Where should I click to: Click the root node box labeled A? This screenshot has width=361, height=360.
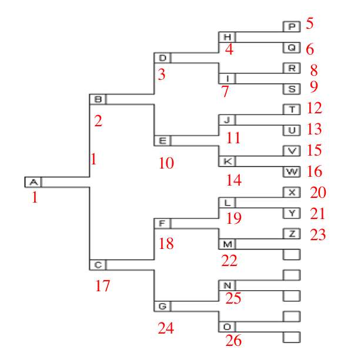[33, 182]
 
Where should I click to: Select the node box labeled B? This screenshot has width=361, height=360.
[98, 99]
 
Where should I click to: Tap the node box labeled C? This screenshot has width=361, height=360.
[98, 265]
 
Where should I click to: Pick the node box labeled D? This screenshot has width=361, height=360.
[162, 58]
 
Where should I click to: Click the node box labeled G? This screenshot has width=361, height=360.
[162, 307]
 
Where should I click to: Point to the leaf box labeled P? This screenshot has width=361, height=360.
[292, 26]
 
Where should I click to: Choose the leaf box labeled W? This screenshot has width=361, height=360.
[292, 171]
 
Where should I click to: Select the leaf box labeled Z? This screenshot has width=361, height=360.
[292, 234]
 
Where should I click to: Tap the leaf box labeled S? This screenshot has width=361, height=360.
[292, 89]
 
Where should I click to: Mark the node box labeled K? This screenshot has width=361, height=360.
[227, 161]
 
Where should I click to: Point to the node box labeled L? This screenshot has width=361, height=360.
[227, 203]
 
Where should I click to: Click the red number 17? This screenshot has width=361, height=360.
[103, 287]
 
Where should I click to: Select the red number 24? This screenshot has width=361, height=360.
[166, 328]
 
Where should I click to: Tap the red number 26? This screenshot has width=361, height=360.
[233, 340]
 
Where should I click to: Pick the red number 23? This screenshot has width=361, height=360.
[318, 235]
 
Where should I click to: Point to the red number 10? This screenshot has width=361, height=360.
[166, 163]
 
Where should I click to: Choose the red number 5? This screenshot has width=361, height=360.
[309, 24]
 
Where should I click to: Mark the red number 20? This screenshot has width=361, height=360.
[318, 193]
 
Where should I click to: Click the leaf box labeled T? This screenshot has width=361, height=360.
[292, 109]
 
